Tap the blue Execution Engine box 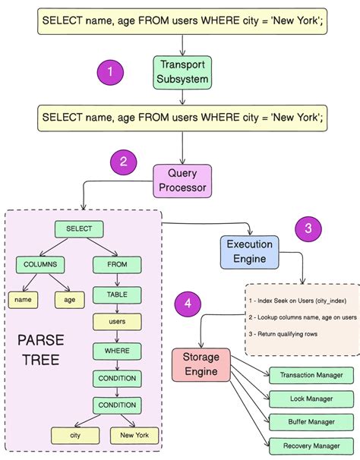click(250, 251)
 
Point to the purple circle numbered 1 click(111, 72)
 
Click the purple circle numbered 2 click(122, 161)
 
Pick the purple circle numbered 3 click(308, 228)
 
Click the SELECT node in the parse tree click(79, 229)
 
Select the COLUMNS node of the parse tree click(41, 265)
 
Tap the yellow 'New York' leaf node click(134, 435)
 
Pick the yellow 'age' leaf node click(69, 300)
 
